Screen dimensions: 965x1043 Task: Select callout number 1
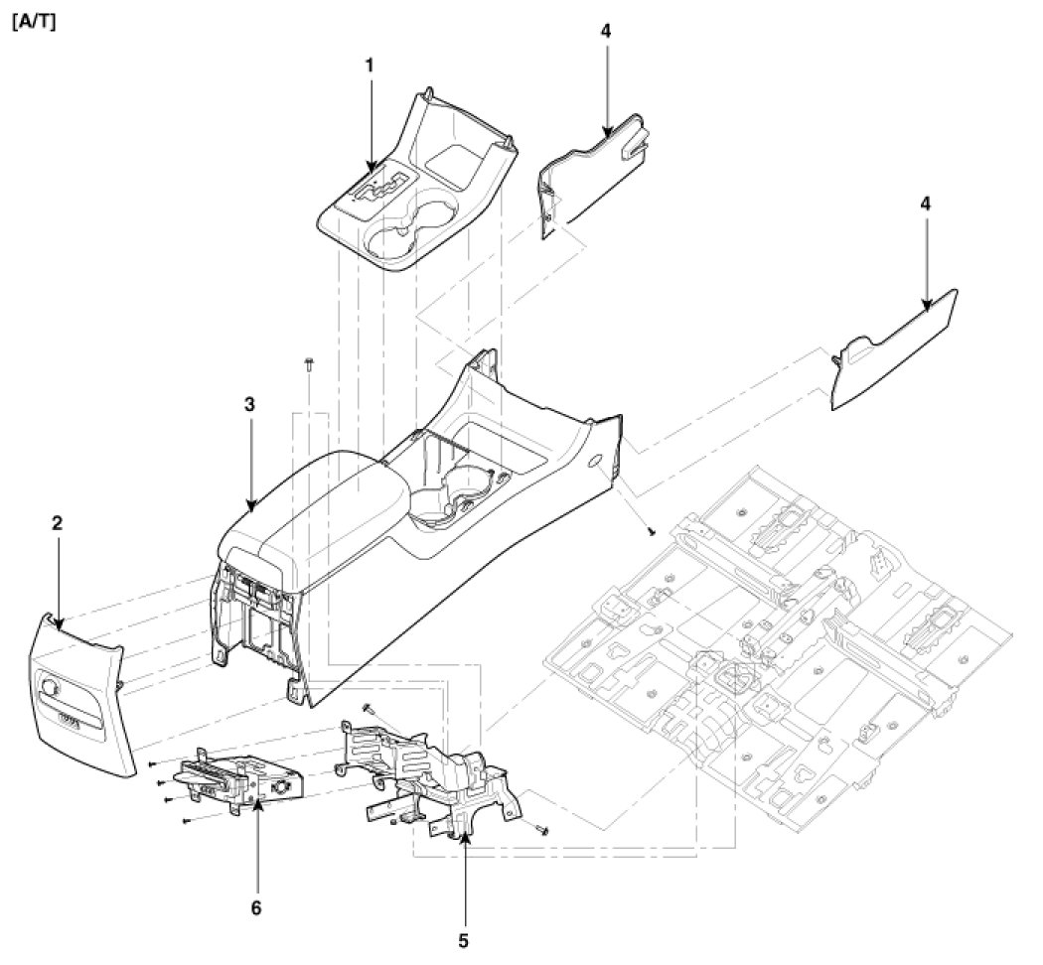(370, 65)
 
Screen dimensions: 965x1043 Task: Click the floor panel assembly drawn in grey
(785, 635)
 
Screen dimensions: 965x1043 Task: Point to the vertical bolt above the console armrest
(309, 364)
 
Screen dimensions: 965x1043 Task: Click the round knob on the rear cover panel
(50, 685)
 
